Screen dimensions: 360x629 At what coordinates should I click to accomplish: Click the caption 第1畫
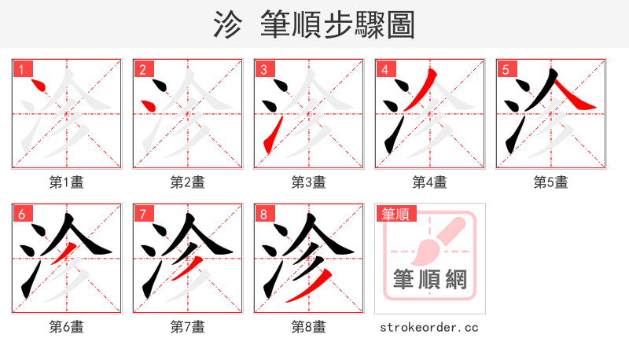coord(67,182)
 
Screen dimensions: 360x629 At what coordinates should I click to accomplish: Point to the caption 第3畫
coord(309,182)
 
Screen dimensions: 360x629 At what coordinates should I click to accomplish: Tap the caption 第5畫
coord(550,182)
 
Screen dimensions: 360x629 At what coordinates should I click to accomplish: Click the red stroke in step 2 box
coord(146,105)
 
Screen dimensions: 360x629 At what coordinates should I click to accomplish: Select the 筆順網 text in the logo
coord(429,280)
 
